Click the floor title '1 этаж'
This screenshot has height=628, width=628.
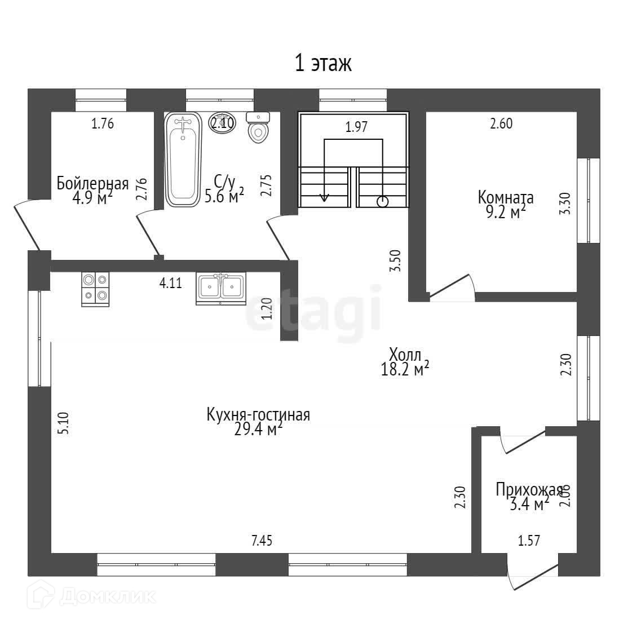(323, 64)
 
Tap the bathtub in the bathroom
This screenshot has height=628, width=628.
(183, 160)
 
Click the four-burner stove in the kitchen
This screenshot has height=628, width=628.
(95, 289)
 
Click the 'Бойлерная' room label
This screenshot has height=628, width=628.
(92, 183)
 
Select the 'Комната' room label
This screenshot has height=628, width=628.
(505, 197)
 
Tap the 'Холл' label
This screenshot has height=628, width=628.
(405, 355)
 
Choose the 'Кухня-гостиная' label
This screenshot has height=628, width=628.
(258, 415)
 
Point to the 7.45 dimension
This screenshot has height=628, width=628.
(262, 541)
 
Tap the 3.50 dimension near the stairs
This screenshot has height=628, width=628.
(396, 261)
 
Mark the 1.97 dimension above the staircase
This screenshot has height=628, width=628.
(356, 127)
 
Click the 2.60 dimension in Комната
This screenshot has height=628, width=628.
(501, 124)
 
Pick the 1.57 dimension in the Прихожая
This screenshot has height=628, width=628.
(529, 541)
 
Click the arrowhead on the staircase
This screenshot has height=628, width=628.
(324, 197)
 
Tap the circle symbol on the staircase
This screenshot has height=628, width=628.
(383, 200)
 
